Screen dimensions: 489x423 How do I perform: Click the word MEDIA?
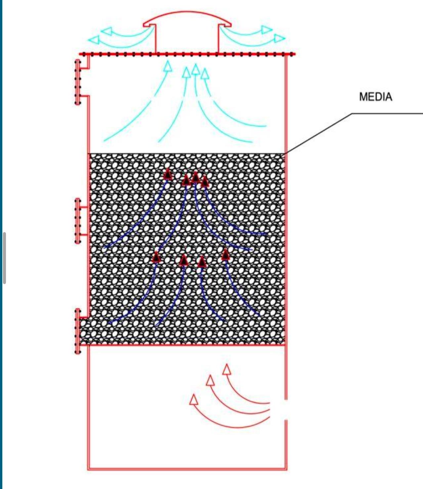(375, 97)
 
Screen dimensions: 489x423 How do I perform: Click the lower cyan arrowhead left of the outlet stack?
(94, 40)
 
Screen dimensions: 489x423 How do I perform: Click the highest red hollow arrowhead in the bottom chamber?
(227, 369)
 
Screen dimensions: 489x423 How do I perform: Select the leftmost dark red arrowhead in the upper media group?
(168, 174)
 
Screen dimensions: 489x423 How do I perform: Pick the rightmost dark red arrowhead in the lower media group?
(226, 254)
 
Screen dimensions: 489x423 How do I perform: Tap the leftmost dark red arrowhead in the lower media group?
(156, 257)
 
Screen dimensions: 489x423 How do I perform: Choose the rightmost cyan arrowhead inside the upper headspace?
(205, 73)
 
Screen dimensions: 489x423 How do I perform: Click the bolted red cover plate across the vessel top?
(187, 54)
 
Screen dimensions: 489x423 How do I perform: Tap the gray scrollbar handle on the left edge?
(4, 258)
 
